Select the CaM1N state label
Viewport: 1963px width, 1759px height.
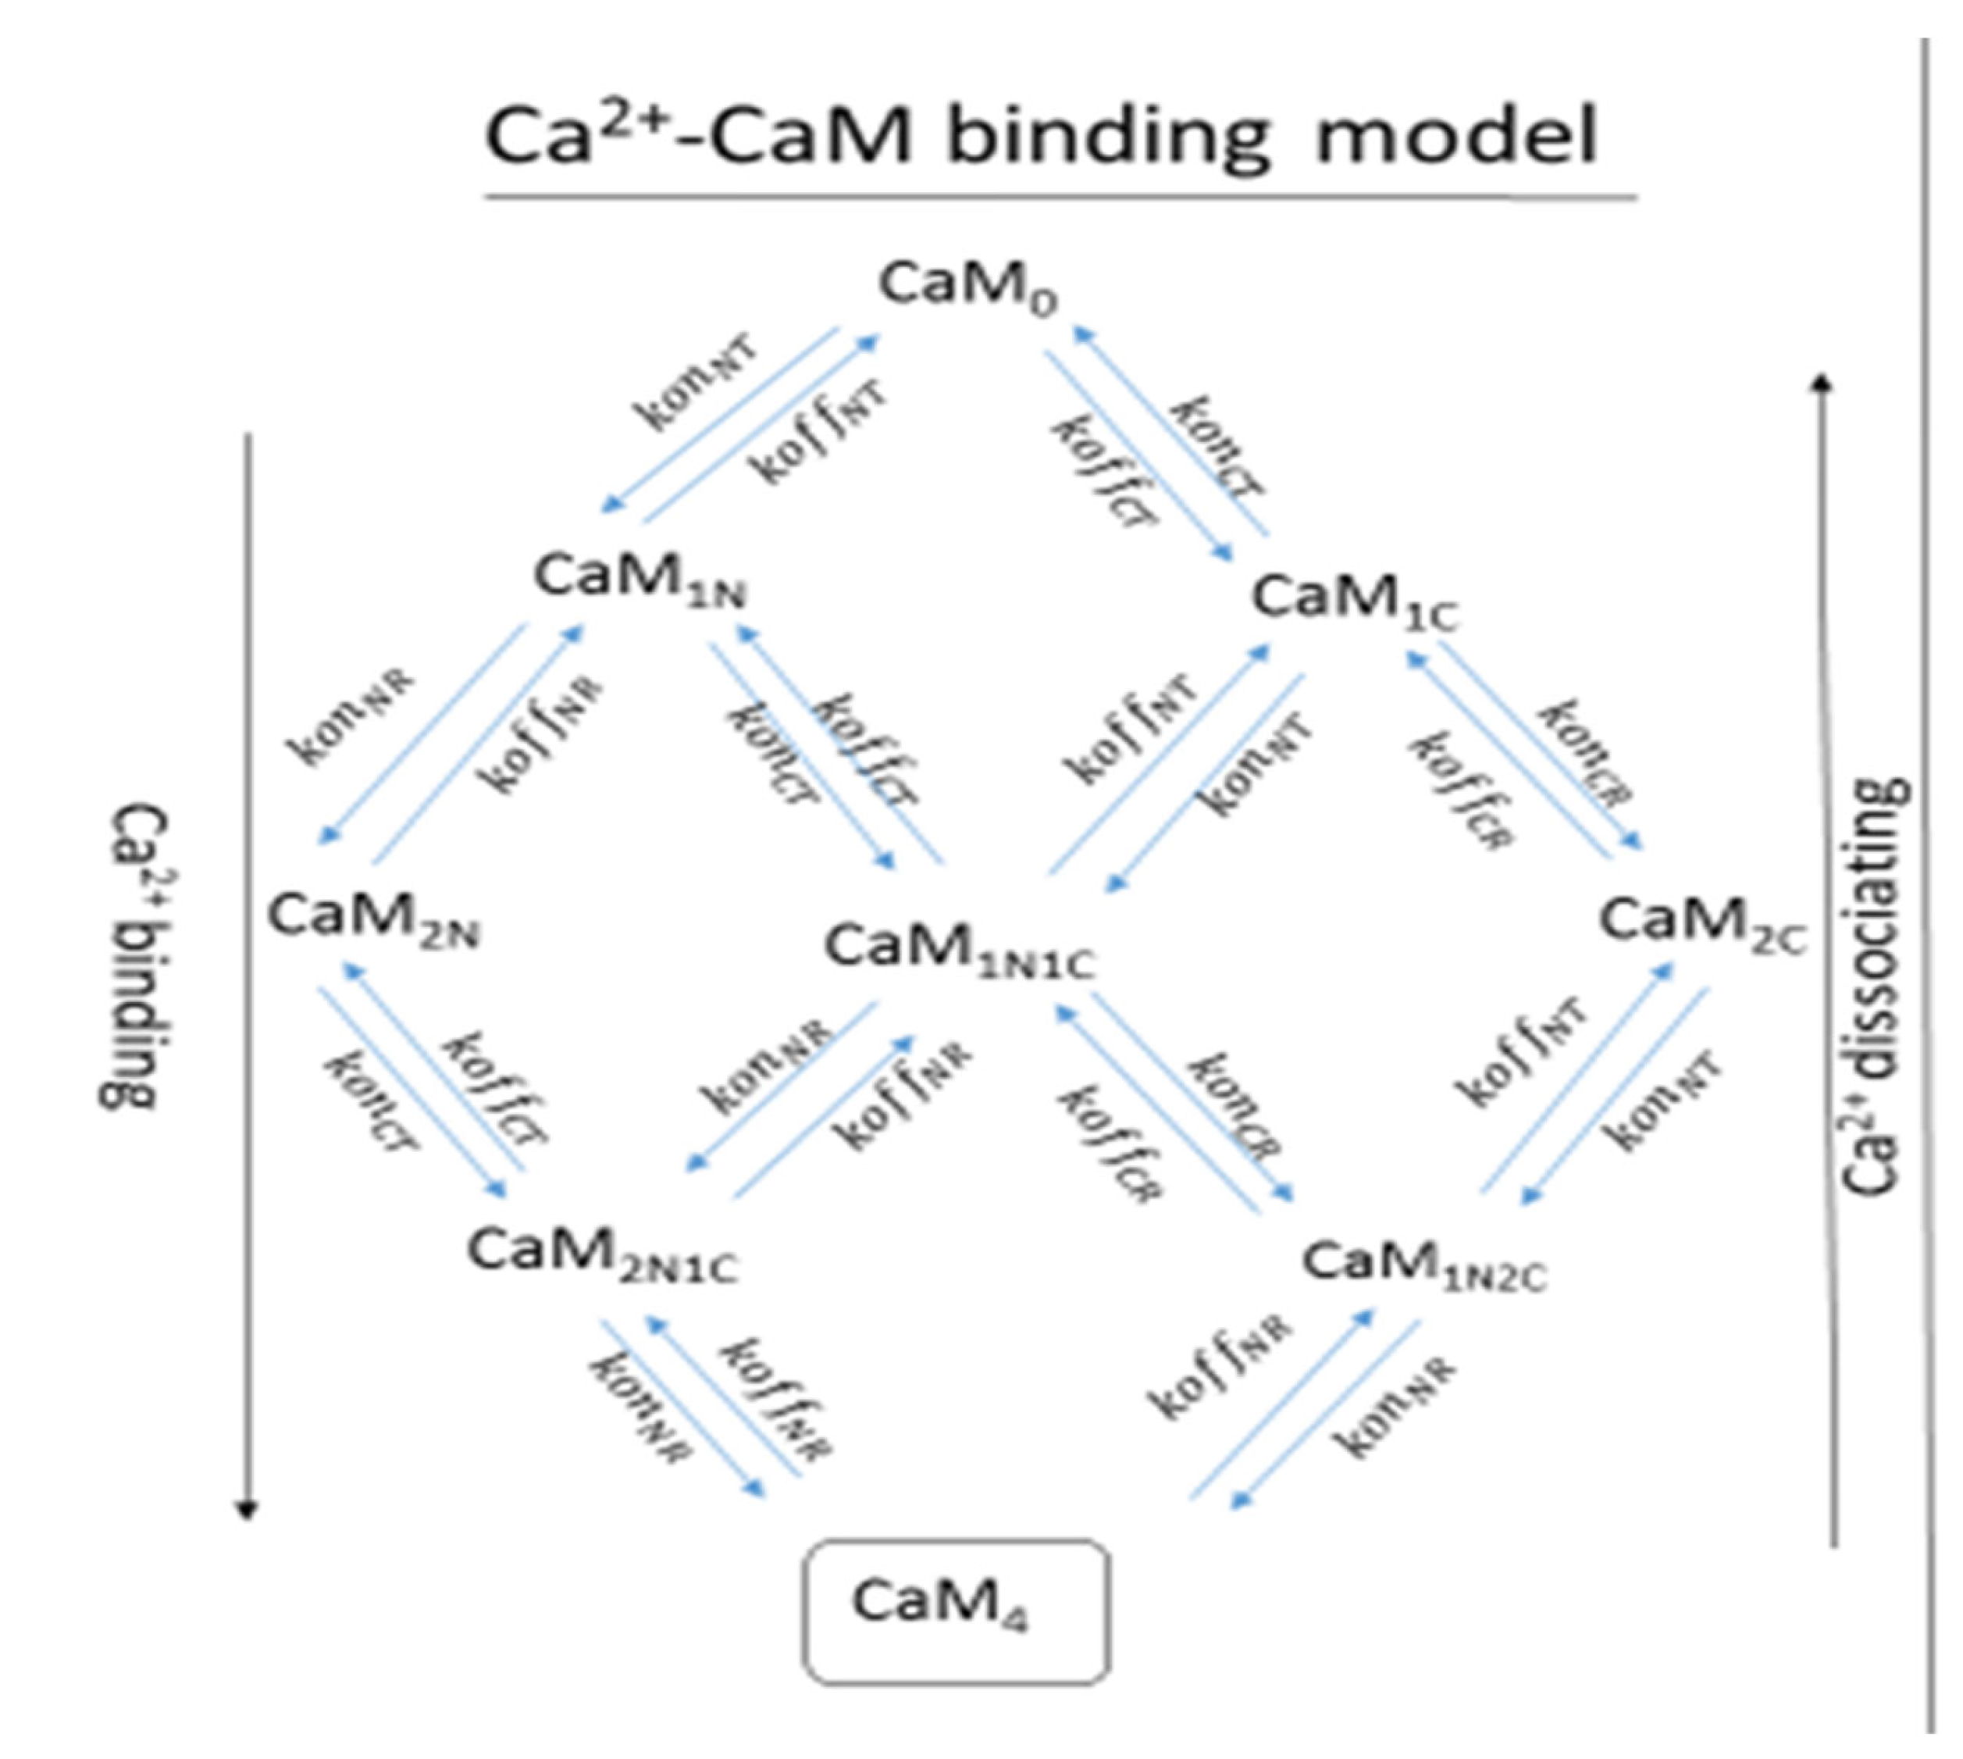640,580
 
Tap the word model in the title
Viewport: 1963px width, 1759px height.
1457,135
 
